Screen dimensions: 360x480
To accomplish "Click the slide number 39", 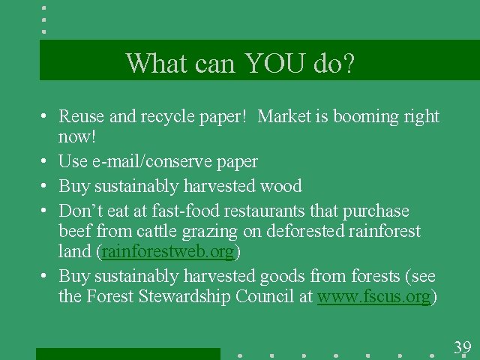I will pyautogui.click(x=462, y=347).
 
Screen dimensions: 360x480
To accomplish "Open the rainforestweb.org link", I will pyautogui.click(x=169, y=250).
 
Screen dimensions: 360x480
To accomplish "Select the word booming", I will pyautogui.click(x=360, y=117).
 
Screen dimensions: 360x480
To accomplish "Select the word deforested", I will pyautogui.click(x=301, y=231).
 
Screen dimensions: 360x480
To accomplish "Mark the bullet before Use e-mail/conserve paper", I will pyautogui.click(x=45, y=162).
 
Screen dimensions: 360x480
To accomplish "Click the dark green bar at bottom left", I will pyautogui.click(x=127, y=353).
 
